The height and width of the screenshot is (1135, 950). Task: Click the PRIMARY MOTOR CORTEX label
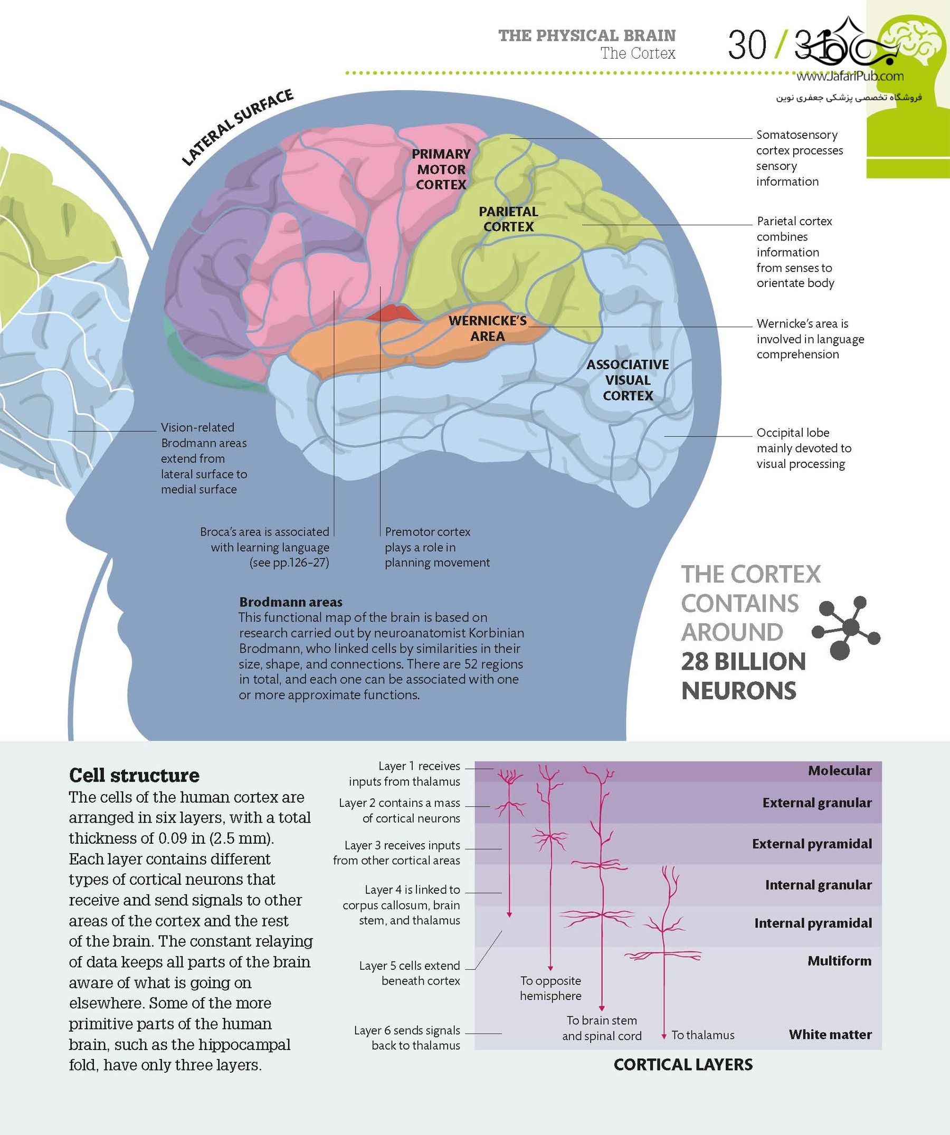pos(441,169)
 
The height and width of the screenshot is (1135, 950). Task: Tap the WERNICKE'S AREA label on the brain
pos(487,328)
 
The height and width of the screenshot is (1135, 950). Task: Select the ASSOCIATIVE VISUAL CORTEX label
pos(628,380)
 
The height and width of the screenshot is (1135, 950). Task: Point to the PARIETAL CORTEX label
pos(508,219)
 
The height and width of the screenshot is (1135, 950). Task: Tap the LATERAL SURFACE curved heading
pos(237,128)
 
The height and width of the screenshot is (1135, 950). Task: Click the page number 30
pos(747,45)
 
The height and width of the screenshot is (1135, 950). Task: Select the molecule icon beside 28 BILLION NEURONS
pos(846,628)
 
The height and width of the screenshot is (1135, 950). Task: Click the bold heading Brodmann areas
pos(291,602)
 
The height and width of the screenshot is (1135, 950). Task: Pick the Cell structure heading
pos(134,775)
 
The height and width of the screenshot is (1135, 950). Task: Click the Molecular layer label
pos(840,770)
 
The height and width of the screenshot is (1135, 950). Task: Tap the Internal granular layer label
pos(818,885)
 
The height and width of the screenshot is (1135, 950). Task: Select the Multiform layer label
pos(839,960)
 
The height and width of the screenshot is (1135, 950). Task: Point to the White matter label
pos(830,1034)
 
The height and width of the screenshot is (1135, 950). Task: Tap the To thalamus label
pos(703,1035)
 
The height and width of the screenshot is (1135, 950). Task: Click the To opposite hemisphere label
pos(551,988)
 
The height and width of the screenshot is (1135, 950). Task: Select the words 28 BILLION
pos(744,662)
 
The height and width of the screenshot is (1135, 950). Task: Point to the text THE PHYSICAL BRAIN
pos(587,36)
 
